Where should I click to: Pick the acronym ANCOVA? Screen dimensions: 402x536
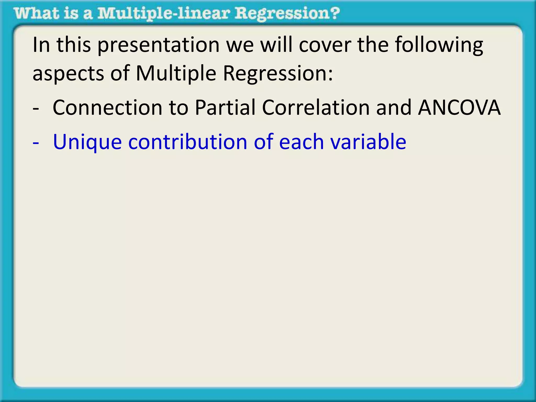pos(459,108)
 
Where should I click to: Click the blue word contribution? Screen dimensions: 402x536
pos(188,142)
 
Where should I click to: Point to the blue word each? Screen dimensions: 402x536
pos(301,142)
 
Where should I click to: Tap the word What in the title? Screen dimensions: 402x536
pos(36,14)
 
